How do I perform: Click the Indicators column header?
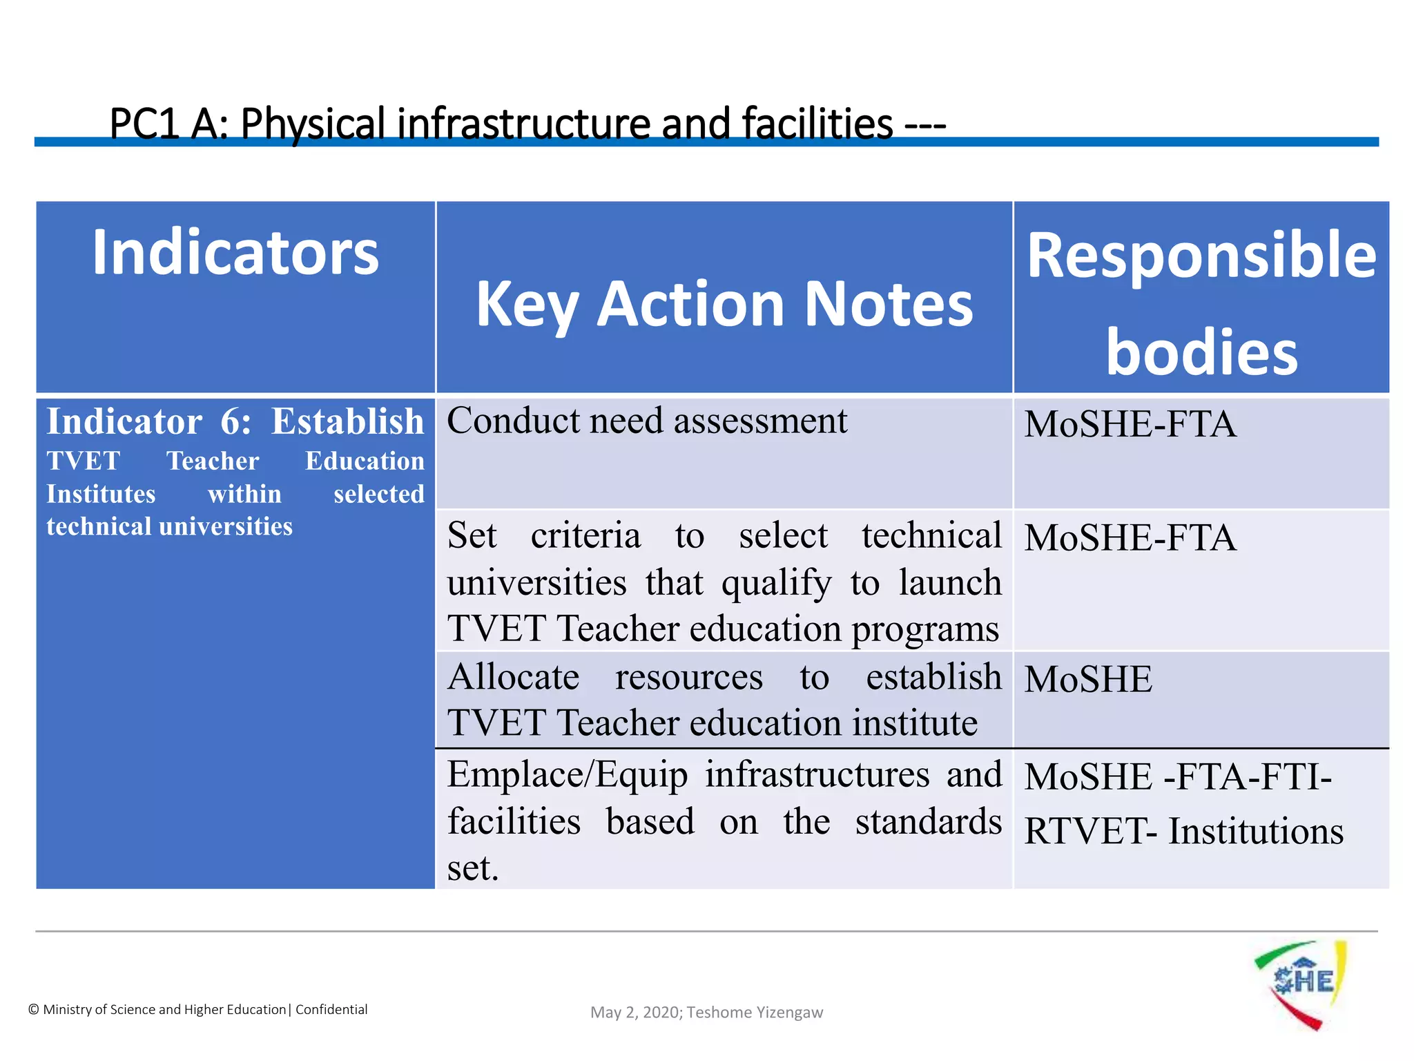pos(235,254)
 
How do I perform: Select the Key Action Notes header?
pos(724,304)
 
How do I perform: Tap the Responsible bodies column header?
pos(1201,303)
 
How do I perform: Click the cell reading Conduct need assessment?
pos(647,421)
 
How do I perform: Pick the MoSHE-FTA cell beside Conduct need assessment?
pos(1130,424)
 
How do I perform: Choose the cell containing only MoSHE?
pos(1088,680)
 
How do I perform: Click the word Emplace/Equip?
pos(567,775)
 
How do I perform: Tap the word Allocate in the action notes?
pos(513,677)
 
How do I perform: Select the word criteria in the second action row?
pos(585,536)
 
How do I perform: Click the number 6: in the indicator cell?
pos(235,422)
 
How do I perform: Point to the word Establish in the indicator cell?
pos(347,422)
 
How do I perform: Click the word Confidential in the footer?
pos(331,1010)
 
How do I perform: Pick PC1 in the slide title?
pos(144,124)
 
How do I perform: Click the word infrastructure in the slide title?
pos(523,124)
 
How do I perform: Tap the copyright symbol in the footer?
pos(33,1010)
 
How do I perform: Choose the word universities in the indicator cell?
pos(226,527)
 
